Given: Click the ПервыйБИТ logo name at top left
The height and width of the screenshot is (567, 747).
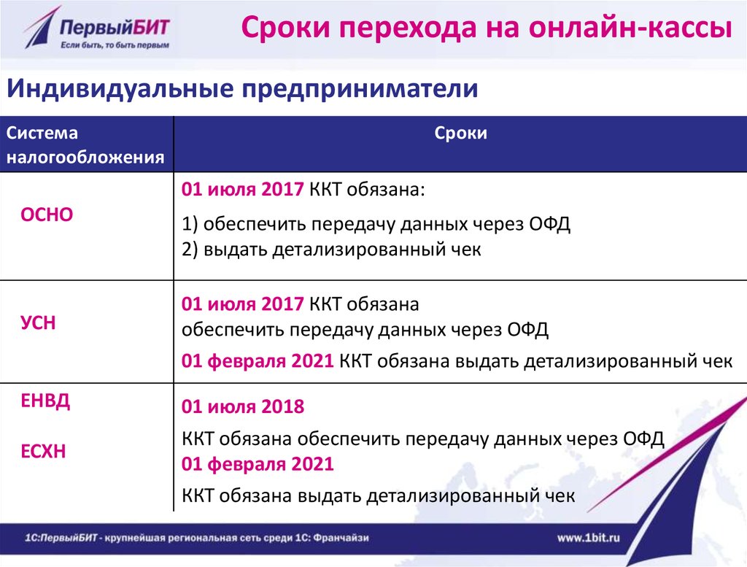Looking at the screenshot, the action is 115,27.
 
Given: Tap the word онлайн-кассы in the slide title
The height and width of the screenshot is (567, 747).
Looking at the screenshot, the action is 630,27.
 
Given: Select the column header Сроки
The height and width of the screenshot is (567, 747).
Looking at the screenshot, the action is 461,133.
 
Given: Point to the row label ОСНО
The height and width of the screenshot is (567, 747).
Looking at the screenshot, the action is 47,215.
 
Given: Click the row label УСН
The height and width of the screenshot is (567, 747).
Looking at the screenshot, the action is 38,323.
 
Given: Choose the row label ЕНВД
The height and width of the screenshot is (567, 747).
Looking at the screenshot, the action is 45,401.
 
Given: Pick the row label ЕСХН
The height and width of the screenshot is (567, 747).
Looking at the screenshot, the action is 43,451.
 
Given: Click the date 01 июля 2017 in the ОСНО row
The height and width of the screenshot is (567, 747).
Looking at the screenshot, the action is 242,190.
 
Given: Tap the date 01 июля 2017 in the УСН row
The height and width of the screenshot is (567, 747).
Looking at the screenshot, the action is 242,304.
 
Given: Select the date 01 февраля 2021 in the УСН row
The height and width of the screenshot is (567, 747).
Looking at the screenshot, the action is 258,360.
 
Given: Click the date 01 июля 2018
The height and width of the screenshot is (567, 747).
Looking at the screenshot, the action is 243,406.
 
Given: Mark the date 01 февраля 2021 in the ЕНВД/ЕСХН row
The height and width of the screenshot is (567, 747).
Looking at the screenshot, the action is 258,463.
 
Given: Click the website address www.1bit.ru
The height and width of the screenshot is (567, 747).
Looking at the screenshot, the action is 589,538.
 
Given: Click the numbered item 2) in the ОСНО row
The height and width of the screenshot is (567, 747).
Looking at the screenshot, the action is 190,249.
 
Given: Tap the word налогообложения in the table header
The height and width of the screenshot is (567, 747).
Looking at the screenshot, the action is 85,157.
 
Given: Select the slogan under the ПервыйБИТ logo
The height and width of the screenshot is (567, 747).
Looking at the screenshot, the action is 115,45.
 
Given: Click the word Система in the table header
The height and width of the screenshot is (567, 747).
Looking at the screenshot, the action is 42,133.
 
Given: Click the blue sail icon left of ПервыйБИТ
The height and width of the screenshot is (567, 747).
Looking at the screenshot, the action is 41,28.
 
